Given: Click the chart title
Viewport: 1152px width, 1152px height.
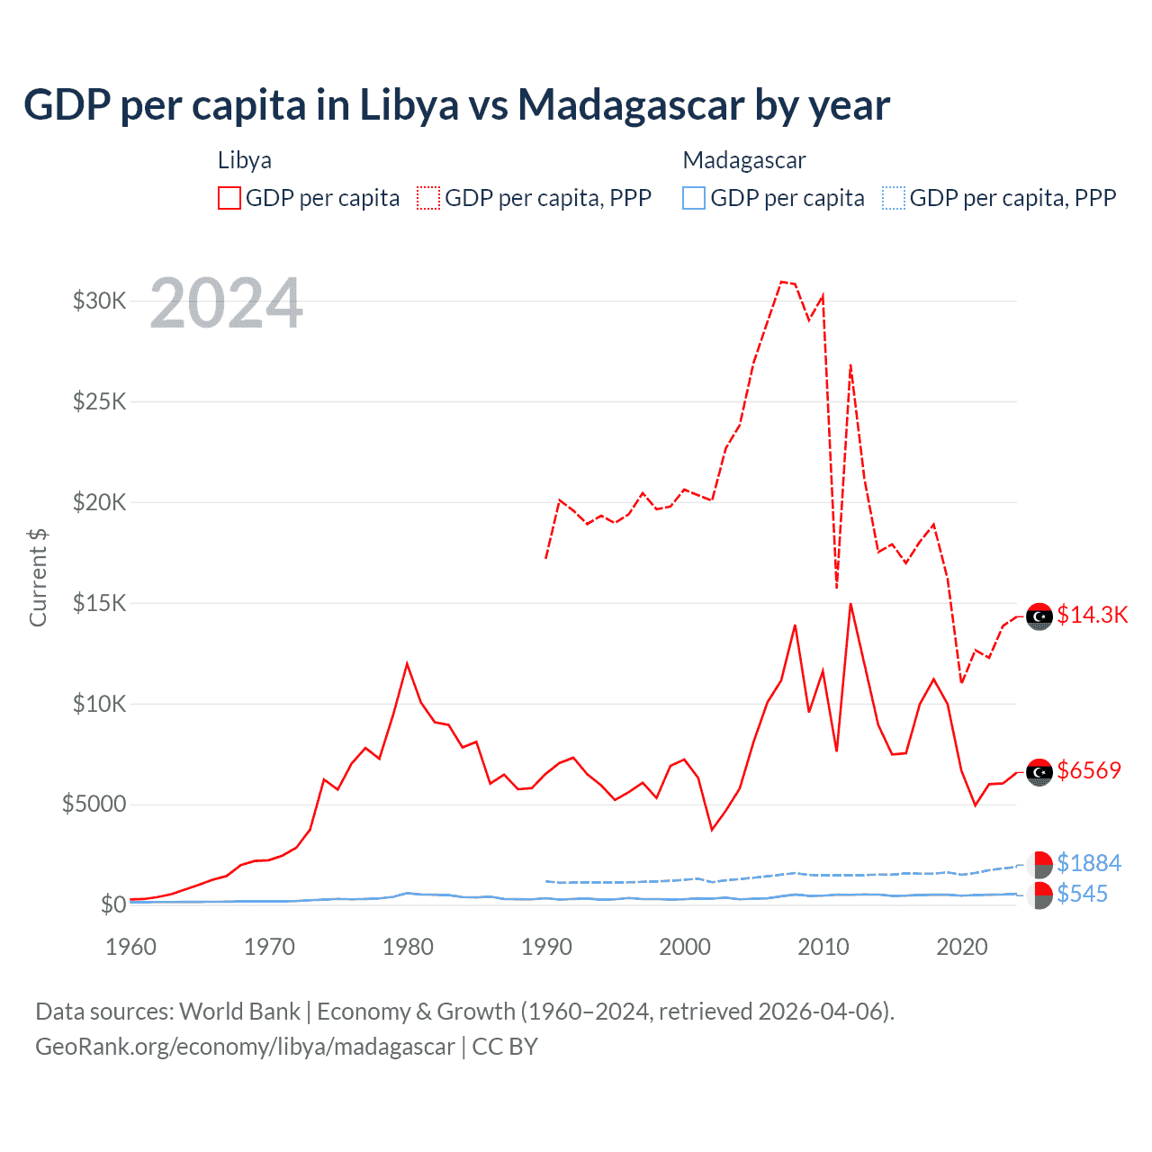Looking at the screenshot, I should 456,105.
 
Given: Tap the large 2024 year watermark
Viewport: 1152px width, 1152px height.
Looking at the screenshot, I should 226,303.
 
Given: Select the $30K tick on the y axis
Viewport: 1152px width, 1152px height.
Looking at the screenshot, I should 100,301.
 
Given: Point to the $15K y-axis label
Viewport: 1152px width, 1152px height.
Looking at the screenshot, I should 100,603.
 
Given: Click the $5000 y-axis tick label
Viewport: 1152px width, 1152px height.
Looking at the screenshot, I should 94,804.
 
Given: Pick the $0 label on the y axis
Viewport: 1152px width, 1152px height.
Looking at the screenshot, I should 112,904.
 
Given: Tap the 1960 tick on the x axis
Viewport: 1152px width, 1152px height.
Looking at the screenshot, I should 131,947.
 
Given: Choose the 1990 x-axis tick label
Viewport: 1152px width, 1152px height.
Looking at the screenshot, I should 546,947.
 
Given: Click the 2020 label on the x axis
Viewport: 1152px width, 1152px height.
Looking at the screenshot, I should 962,947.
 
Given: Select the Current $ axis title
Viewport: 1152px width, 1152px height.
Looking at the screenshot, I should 38,578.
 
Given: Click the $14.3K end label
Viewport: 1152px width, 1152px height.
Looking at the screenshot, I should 1092,615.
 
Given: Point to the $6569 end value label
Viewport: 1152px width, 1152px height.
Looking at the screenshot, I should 1089,770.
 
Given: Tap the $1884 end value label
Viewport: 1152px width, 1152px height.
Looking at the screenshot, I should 1089,863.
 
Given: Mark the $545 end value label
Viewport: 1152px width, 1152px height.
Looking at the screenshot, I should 1083,894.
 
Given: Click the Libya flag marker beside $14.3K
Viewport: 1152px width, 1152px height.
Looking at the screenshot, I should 1039,616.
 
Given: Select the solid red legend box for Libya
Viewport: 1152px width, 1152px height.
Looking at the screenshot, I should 229,198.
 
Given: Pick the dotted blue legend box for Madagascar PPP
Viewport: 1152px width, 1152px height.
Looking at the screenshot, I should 894,198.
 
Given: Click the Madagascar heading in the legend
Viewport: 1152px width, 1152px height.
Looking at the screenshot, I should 744,160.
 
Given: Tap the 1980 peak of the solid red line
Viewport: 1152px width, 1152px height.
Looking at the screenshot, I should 407,664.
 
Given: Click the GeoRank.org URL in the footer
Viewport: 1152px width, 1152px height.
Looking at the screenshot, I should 245,1047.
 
